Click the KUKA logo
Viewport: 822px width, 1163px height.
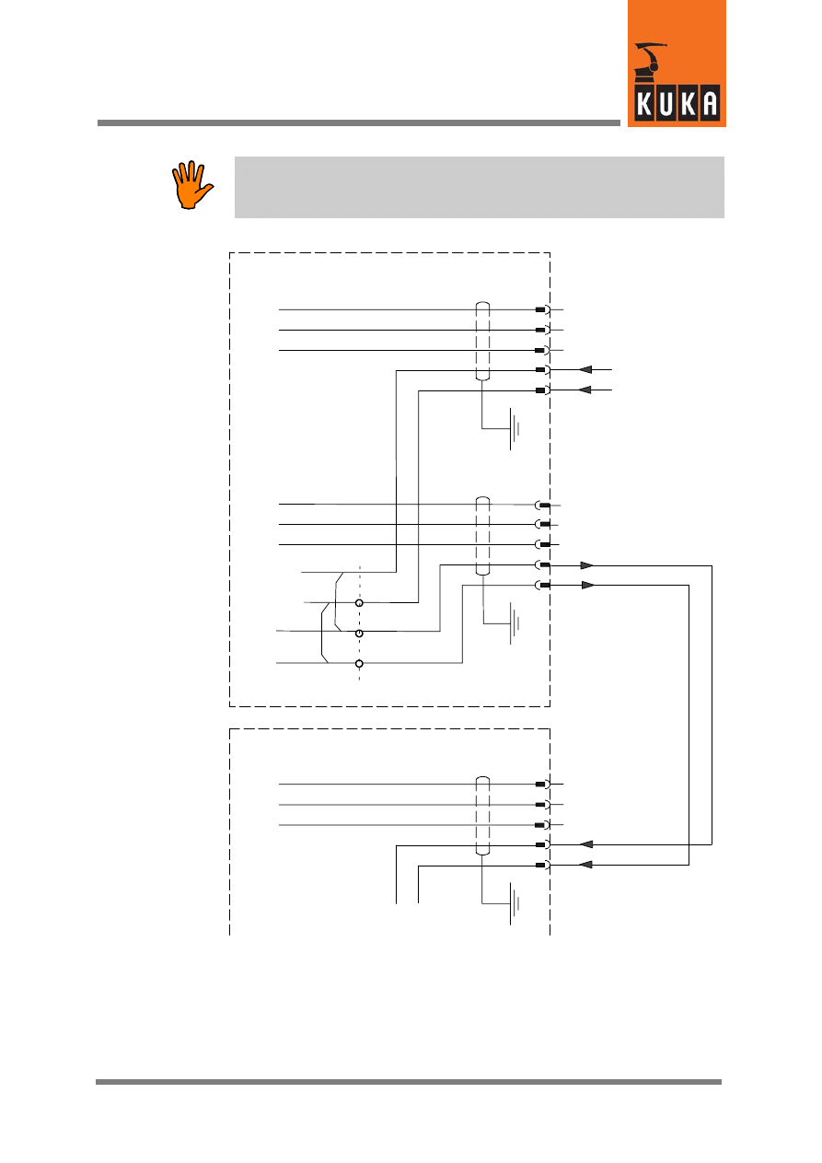[677, 64]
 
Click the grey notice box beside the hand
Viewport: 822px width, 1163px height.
[479, 187]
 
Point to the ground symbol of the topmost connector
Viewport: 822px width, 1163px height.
[515, 429]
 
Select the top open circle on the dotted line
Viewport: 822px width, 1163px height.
[359, 602]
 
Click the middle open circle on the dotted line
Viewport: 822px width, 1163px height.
[359, 634]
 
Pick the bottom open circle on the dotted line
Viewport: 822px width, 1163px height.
[359, 663]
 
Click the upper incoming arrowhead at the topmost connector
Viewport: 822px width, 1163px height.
[585, 370]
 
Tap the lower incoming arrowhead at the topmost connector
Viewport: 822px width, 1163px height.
[585, 390]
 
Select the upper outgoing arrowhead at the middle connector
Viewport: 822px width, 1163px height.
[587, 564]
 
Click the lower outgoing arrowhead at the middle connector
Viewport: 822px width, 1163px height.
[587, 585]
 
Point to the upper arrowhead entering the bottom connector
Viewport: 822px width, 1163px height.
[586, 843]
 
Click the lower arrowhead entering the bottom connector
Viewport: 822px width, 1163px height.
[586, 865]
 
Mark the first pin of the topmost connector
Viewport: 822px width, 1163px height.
[541, 310]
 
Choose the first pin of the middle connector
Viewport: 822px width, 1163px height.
[544, 506]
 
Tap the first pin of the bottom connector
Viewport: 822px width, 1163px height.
[541, 785]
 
